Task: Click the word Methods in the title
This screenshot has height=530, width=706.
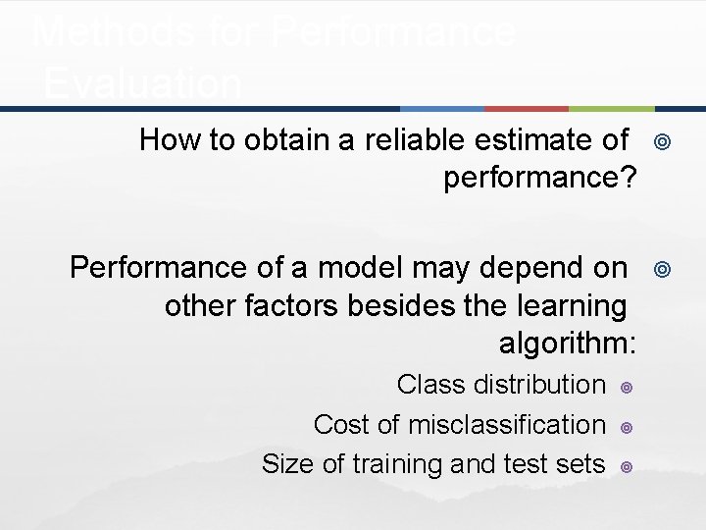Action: tap(94, 31)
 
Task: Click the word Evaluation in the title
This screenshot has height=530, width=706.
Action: tap(142, 84)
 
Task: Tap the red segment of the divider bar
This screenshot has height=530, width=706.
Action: tap(526, 108)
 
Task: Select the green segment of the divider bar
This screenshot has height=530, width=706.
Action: tap(611, 108)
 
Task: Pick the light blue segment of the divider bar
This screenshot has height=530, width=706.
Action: tap(441, 108)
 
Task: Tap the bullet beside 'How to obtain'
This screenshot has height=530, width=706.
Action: tap(662, 142)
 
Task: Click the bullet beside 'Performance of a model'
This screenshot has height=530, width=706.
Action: tap(662, 269)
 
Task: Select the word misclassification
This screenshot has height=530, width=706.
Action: tap(506, 424)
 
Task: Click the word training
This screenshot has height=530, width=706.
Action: tap(392, 464)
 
